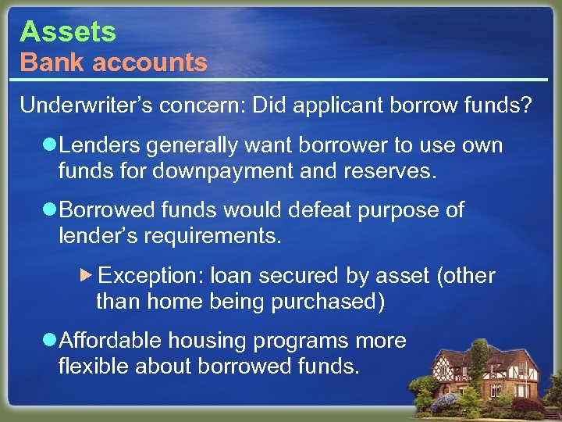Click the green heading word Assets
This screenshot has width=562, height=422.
[68, 32]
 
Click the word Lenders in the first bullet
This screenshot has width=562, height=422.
[96, 146]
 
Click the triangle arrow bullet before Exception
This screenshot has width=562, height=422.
[87, 276]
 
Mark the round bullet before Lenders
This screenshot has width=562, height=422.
[50, 146]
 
